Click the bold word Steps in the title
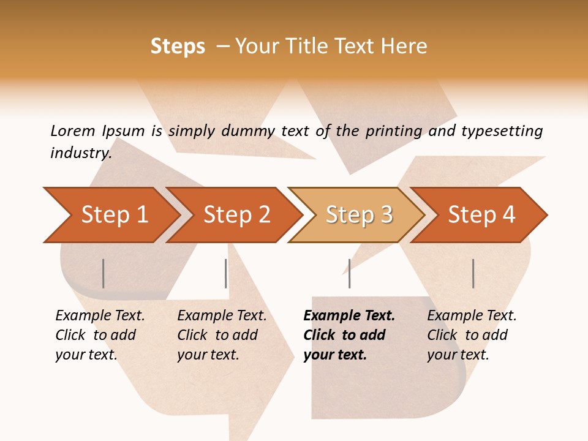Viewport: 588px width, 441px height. click(178, 47)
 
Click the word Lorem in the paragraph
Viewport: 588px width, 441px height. click(72, 131)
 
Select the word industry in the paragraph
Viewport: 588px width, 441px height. click(80, 153)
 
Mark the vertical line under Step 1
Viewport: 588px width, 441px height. click(104, 273)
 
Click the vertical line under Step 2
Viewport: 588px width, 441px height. click(226, 273)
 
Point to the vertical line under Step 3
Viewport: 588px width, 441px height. click(349, 273)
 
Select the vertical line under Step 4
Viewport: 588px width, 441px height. click(473, 273)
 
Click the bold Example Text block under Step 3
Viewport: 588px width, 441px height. click(349, 335)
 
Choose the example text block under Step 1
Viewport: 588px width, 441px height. click(100, 335)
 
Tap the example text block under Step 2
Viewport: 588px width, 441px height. click(222, 335)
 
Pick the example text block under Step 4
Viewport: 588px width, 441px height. click(472, 335)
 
